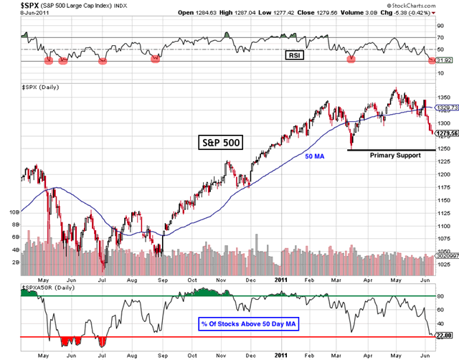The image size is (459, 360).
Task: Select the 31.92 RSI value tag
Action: click(445, 62)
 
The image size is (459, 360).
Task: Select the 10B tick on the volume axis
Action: click(14, 212)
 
